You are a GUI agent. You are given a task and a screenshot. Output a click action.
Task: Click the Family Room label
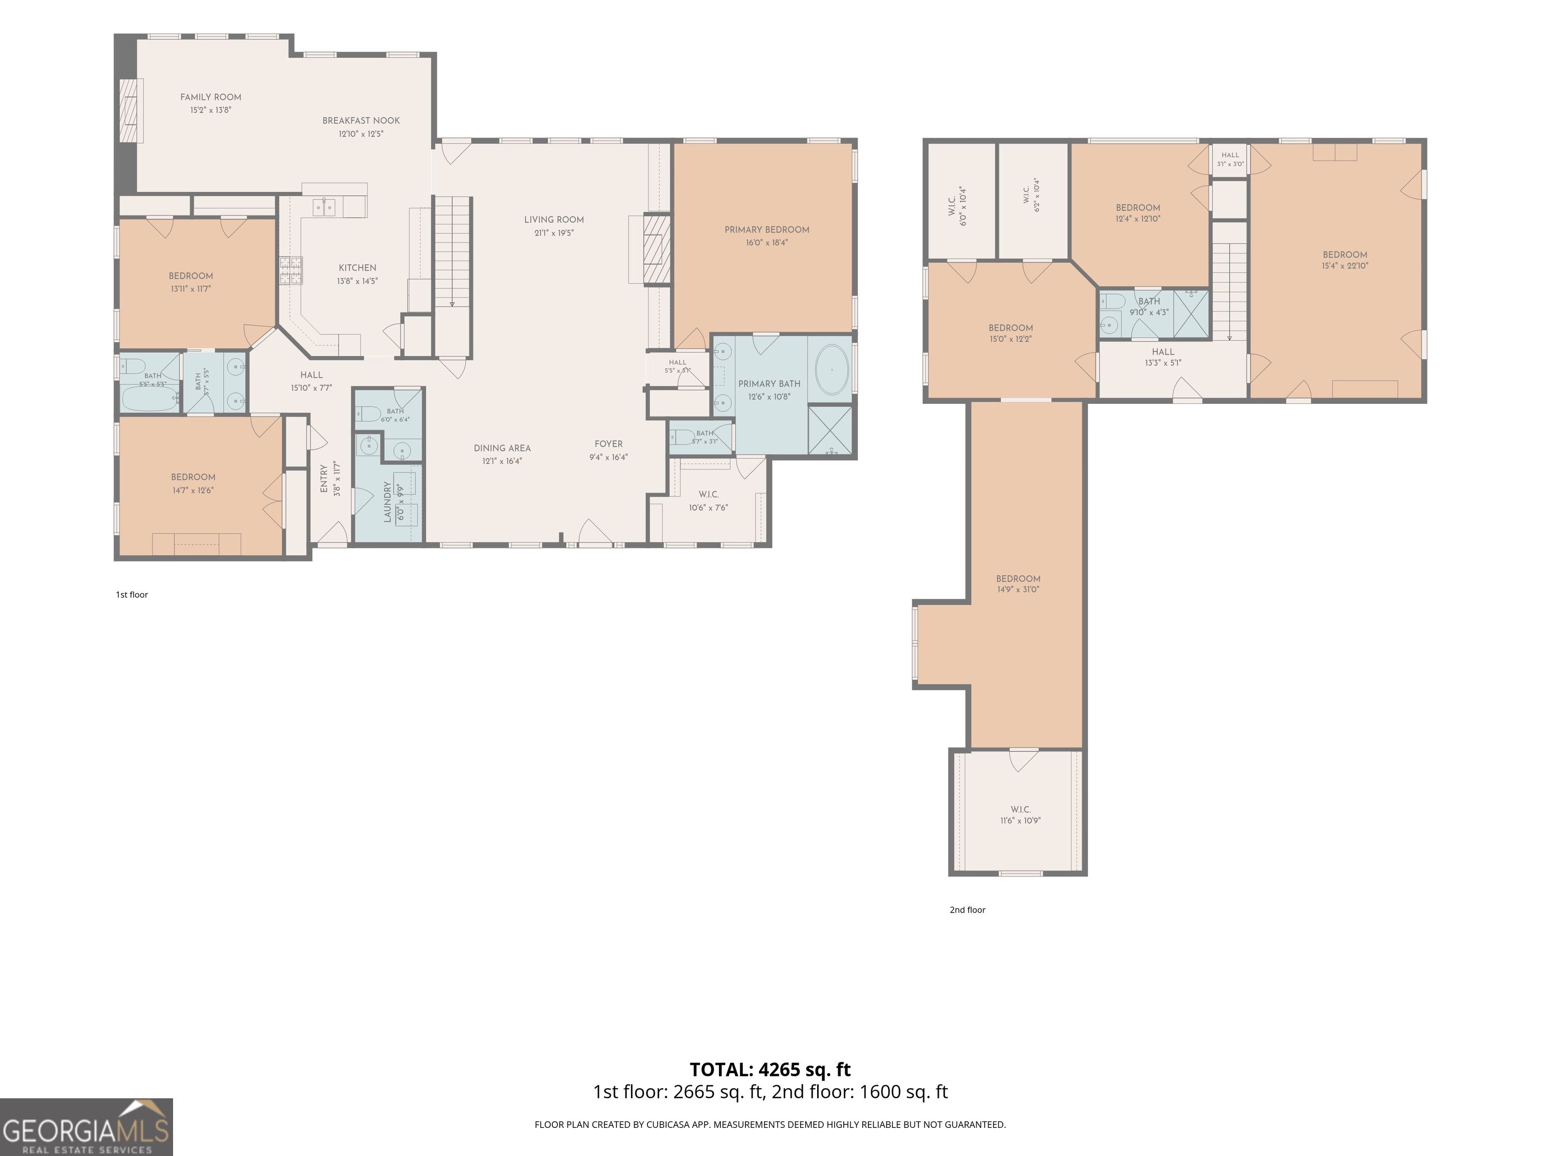(210, 97)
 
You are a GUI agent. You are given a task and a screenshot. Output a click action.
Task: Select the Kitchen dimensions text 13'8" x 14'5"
(357, 281)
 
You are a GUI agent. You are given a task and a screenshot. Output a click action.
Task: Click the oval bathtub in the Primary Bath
(832, 369)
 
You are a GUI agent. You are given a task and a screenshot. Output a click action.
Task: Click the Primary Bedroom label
(766, 230)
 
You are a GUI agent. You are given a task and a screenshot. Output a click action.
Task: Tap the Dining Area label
(502, 449)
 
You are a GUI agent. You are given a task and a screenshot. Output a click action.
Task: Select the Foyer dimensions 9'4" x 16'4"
(608, 458)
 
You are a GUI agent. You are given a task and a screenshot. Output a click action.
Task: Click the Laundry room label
(387, 502)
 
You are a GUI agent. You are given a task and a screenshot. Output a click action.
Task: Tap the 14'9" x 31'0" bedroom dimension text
(1018, 590)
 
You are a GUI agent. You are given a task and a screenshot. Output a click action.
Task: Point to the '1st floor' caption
(131, 595)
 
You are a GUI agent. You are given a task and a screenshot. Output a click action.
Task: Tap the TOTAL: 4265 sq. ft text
(770, 1070)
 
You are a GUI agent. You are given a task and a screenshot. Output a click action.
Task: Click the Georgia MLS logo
(86, 1127)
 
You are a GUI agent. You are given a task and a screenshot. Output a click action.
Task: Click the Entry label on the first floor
(324, 479)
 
